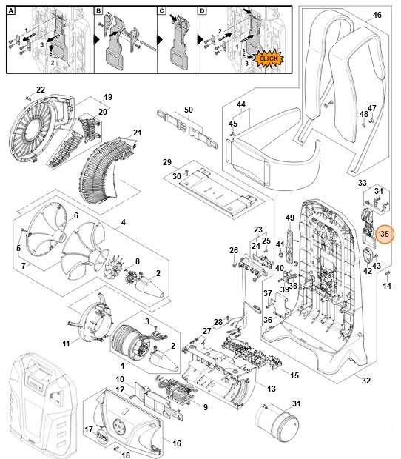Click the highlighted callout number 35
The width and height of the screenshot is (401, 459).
384,234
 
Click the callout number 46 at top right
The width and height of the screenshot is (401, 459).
377,15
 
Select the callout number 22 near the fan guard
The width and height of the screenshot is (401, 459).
41,90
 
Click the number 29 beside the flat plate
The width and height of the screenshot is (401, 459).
166,162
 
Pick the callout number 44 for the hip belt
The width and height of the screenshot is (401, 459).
240,106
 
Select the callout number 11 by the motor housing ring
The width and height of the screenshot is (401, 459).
66,344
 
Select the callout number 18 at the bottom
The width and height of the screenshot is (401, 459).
125,455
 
